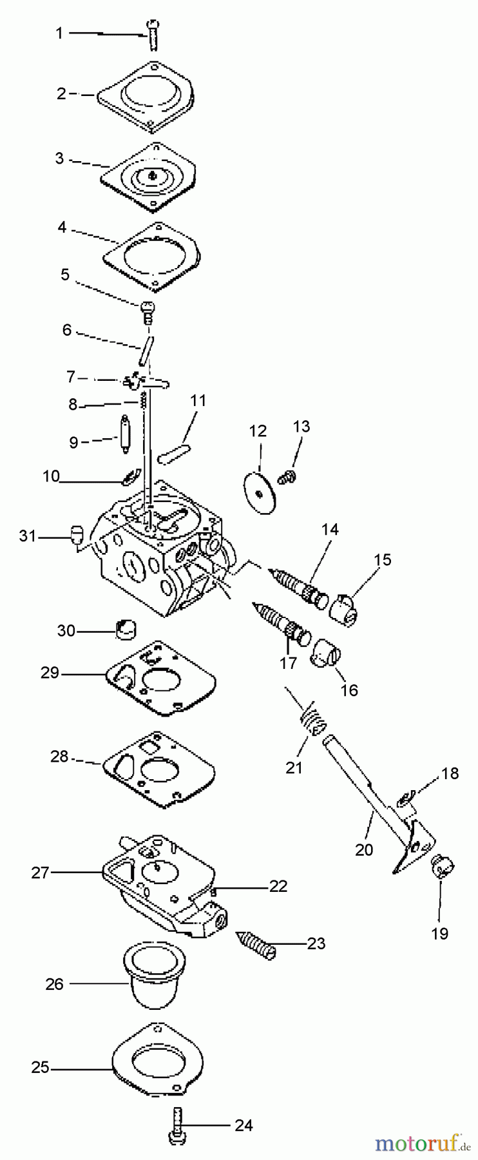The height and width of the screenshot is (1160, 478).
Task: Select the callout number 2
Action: coord(61,93)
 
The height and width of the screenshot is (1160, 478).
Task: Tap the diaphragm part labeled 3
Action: coord(152,175)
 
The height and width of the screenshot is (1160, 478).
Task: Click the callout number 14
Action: coord(330,529)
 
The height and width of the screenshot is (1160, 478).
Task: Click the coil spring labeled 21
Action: coord(312,717)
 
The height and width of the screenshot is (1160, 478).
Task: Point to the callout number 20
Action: coord(364,849)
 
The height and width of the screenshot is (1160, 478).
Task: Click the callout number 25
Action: coord(40,1068)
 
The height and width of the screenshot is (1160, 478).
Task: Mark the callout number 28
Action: coord(59,756)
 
